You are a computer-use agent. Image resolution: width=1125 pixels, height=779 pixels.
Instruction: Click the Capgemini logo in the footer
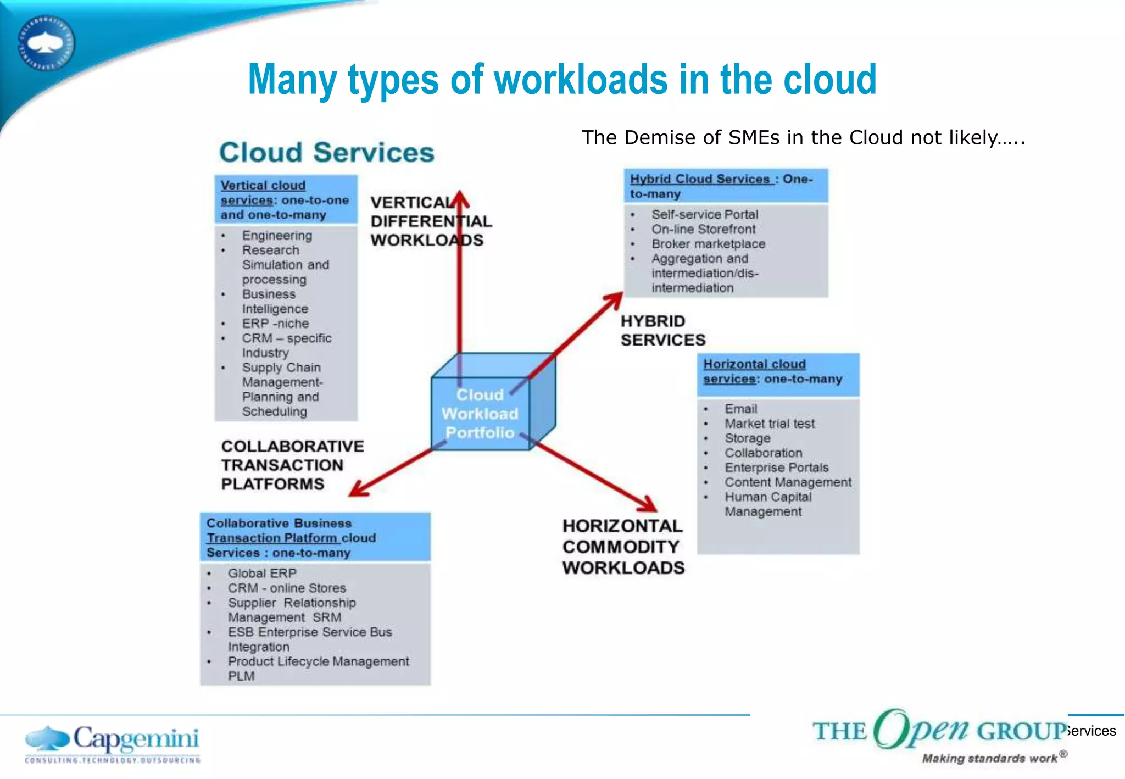coord(113,743)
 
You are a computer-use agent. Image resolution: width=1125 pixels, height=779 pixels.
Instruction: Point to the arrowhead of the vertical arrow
coord(460,199)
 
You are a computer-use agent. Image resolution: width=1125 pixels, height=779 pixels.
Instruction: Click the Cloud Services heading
coord(326,152)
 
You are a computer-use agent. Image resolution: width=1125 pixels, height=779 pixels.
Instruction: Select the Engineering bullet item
coord(277,236)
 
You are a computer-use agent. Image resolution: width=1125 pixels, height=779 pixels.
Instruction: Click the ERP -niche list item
coord(275,324)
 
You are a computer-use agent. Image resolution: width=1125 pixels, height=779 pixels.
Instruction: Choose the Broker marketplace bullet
coord(708,244)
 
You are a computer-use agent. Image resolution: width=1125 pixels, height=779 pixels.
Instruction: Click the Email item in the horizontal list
coord(740,409)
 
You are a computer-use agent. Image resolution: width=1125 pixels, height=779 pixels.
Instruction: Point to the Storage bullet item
coord(747,438)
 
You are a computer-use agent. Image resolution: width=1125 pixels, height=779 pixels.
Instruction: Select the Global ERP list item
coord(262,574)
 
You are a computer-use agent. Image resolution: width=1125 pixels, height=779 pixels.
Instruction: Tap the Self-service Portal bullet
coord(705,214)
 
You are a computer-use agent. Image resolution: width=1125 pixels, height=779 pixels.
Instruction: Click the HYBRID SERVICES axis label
coord(662,331)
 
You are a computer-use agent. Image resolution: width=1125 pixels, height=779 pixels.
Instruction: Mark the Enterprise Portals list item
coord(776,468)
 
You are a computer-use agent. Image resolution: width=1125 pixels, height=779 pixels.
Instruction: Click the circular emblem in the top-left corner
coord(46,43)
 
